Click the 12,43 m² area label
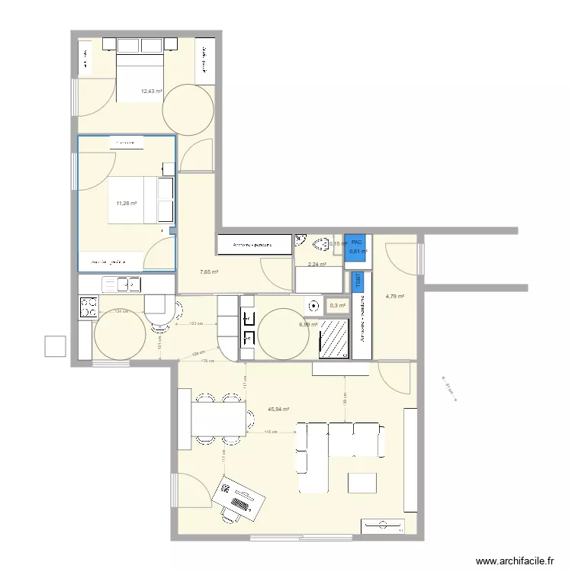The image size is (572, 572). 151,92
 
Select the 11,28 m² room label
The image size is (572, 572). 126,203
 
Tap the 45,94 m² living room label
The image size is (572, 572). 278,409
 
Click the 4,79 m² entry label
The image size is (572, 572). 394,297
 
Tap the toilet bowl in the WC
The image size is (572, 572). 320,244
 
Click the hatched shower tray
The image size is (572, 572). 333,339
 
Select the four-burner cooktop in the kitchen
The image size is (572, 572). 88,307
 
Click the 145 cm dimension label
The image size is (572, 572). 270,432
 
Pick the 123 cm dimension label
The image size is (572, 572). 196,324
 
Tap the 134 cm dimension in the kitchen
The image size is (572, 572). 120,311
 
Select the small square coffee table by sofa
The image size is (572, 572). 362,484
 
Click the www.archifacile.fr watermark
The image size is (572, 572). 515,561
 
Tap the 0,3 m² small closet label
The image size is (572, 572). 336,305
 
